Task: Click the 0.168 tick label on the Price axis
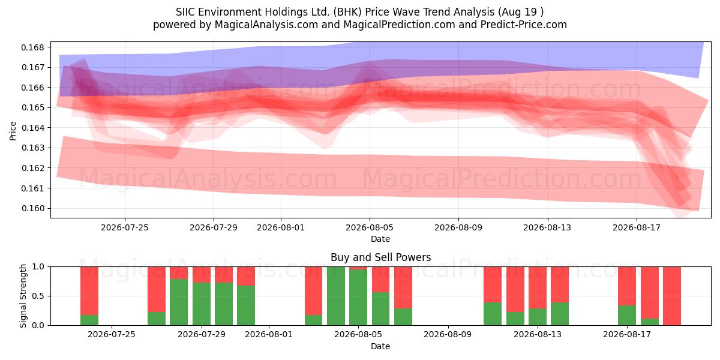32,47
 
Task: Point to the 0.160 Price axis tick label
32,209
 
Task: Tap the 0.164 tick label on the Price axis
32,128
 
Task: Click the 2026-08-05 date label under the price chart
370,227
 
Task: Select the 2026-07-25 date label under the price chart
125,227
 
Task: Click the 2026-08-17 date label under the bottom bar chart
627,335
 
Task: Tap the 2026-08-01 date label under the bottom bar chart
269,335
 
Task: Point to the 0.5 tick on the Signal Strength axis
38,296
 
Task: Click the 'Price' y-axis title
13,131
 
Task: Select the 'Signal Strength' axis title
23,296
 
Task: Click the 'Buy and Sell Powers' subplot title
380,257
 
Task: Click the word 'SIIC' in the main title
185,12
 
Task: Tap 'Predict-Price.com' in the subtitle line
524,25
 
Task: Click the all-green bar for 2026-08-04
336,296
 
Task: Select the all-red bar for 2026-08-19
672,296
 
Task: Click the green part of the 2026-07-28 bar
179,302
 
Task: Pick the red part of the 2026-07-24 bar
89,291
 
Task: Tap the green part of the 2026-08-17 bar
627,316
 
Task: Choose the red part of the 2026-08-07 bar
403,287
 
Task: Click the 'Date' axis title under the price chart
380,239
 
